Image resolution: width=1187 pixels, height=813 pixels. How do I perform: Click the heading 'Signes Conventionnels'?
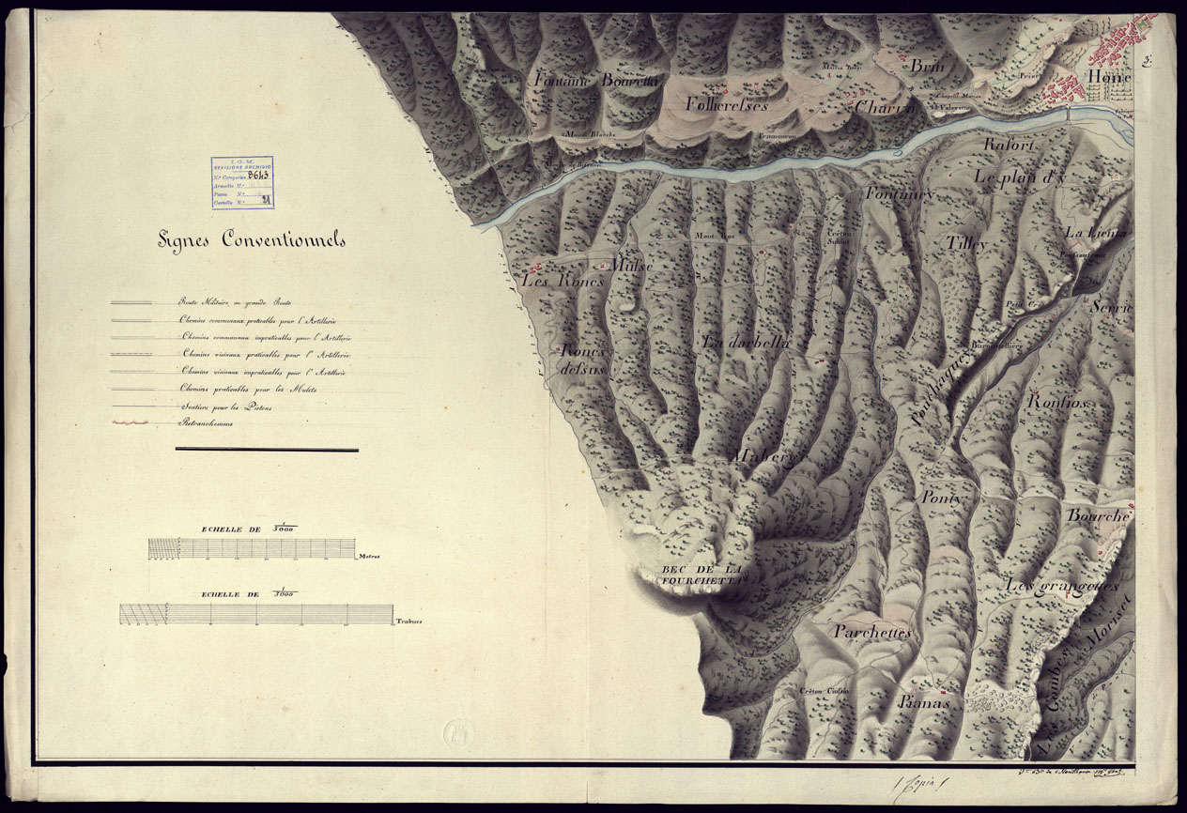[251, 240]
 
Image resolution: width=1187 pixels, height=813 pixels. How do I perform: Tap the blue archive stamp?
[242, 181]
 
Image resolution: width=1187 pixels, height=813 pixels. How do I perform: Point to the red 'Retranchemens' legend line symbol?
[131, 424]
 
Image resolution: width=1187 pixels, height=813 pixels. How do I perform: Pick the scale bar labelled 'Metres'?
[252, 548]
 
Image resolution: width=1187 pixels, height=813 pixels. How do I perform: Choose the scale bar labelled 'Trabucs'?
[256, 614]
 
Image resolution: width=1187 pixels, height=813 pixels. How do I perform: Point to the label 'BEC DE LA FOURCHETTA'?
[702, 575]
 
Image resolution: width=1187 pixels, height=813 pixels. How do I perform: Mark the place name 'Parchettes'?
[872, 633]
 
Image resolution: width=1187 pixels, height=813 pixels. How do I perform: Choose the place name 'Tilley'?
[967, 244]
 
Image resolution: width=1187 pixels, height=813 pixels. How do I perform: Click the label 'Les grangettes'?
[1063, 586]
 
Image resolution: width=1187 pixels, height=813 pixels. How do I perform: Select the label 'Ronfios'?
[1057, 402]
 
